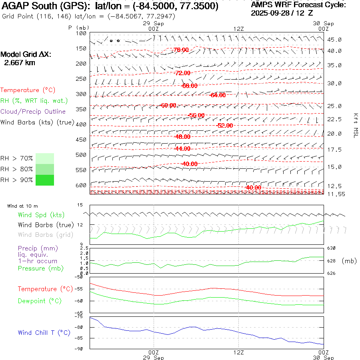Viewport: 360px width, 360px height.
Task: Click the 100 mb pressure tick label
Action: [x=81, y=33]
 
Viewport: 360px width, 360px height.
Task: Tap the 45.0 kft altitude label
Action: [x=334, y=40]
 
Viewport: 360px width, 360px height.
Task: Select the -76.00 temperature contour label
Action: [x=181, y=50]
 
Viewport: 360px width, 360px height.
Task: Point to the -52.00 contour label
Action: [x=224, y=125]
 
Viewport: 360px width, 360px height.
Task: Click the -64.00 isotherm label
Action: [x=217, y=95]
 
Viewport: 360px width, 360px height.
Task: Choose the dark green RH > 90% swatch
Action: [x=44, y=180]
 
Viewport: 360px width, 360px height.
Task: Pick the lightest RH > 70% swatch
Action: [x=44, y=158]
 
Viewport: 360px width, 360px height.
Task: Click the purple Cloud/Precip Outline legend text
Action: [x=33, y=111]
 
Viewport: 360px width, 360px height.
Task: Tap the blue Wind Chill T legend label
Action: [x=44, y=332]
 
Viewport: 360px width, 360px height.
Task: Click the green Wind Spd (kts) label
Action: [x=41, y=215]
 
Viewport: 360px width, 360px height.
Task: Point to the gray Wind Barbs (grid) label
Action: [x=45, y=235]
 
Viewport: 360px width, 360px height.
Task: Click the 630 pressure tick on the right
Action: [x=332, y=248]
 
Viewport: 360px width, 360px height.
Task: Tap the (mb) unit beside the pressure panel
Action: [x=349, y=261]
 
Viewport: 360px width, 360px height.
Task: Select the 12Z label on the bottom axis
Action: [x=238, y=352]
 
